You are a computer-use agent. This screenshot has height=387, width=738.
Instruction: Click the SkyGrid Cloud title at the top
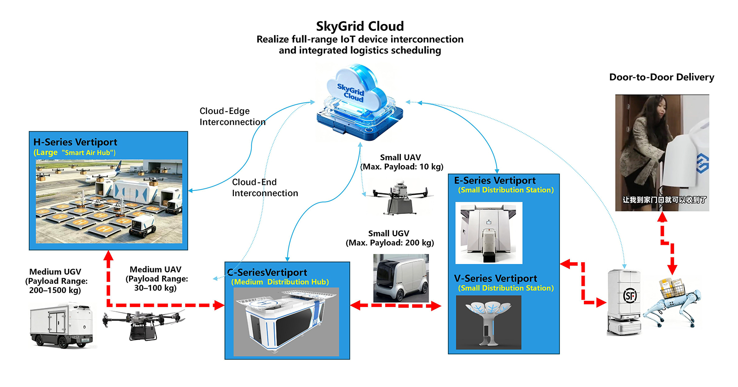[360, 26]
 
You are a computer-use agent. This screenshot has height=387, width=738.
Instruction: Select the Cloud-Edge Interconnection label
[232, 117]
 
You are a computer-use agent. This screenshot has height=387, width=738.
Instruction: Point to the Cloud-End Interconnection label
[265, 187]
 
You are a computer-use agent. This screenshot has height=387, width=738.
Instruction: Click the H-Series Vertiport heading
[75, 142]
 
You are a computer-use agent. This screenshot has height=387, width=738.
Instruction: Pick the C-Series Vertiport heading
[267, 272]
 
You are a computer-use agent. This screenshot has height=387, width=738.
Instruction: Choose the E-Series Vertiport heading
[495, 180]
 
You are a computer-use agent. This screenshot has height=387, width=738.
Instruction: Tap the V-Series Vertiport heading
[495, 278]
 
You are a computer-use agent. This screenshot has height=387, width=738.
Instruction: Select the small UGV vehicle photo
[401, 278]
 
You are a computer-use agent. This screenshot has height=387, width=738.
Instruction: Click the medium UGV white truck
[61, 325]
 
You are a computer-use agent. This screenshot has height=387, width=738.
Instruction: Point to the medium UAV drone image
[144, 324]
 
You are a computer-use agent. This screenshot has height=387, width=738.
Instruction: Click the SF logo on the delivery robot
[630, 296]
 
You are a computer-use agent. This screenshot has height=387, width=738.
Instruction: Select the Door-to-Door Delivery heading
[662, 77]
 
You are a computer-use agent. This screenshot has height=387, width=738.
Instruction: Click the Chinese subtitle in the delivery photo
[664, 200]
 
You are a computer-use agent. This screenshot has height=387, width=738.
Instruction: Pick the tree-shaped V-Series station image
[489, 322]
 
